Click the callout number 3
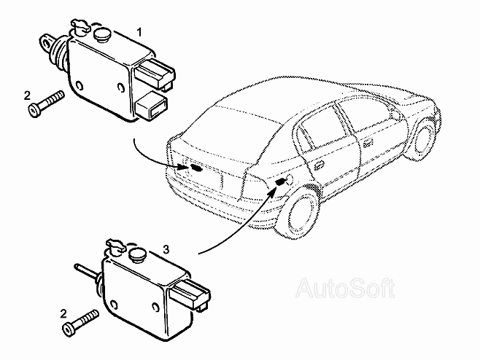[166, 249]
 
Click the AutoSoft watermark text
[344, 288]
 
